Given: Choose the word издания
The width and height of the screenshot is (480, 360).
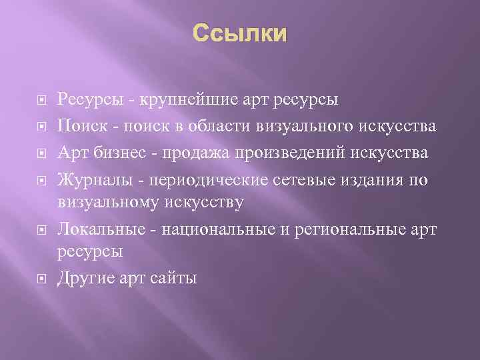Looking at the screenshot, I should tap(364, 179).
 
